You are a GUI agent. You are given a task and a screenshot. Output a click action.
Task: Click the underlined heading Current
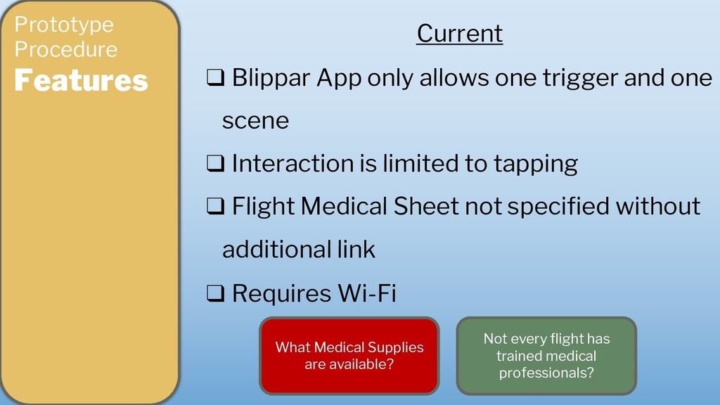click(x=460, y=34)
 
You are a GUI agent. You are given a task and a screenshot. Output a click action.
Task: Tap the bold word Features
click(x=81, y=80)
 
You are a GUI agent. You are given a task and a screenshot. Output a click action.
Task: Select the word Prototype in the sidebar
click(x=64, y=25)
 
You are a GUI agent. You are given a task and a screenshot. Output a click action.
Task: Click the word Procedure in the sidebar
click(x=65, y=49)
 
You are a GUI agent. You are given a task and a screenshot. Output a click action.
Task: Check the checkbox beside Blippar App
click(x=215, y=77)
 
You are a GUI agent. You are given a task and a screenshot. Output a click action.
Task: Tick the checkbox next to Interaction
click(x=215, y=163)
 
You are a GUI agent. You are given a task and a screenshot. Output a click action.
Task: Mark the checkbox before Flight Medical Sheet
click(x=215, y=206)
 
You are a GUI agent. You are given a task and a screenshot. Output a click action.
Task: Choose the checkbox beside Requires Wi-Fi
click(x=215, y=293)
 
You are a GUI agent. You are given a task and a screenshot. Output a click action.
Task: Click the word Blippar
click(x=271, y=78)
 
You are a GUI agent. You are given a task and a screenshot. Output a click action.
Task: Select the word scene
click(x=255, y=121)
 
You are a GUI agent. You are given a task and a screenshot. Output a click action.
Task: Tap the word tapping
click(x=535, y=164)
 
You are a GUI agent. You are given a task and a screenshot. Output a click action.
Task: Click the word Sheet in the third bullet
click(x=425, y=206)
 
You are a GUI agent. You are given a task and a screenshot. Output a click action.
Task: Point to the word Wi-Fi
click(x=366, y=293)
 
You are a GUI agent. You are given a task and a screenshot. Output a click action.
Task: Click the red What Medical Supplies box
click(x=349, y=355)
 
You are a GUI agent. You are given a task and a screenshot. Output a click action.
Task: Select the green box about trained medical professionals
click(x=546, y=355)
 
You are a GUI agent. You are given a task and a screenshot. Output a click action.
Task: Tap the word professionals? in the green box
click(x=546, y=373)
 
